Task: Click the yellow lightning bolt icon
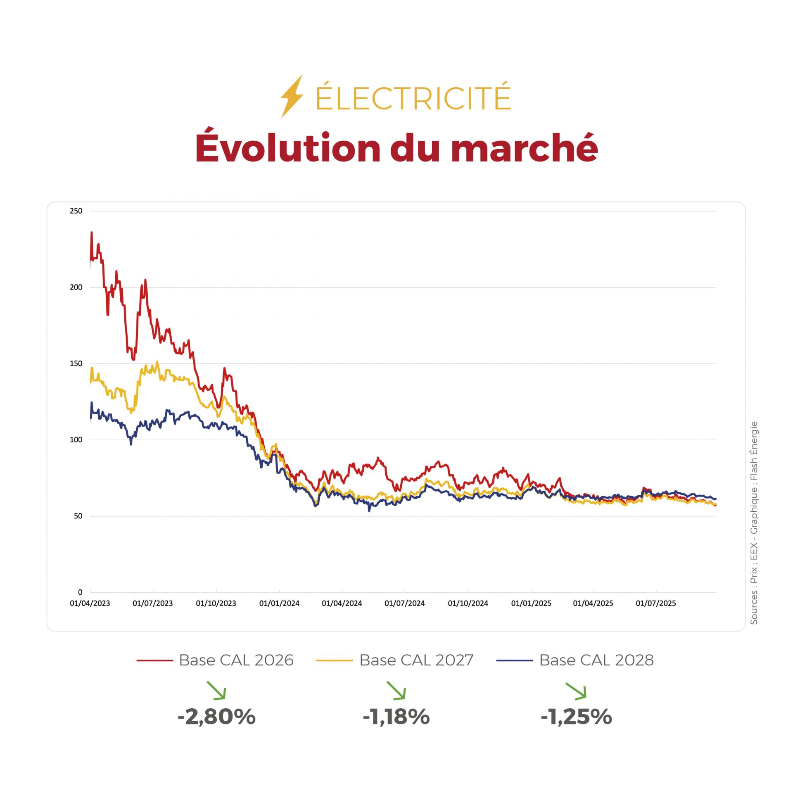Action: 292,96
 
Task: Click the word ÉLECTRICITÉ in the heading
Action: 413,97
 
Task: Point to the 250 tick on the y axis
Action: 76,211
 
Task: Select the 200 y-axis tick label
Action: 76,287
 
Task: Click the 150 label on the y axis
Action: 76,363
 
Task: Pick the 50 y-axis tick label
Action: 78,516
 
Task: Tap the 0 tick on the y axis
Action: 80,592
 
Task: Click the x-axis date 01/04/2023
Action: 90,603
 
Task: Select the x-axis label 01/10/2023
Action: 216,603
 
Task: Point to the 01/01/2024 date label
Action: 279,603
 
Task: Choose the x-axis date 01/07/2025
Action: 656,603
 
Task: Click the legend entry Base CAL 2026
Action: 236,660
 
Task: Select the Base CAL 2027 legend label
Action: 416,660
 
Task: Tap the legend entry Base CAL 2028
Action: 596,660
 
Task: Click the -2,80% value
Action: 217,717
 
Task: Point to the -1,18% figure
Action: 396,717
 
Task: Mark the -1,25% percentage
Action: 577,717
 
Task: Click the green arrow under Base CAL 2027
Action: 396,691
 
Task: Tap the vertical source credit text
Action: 754,522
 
